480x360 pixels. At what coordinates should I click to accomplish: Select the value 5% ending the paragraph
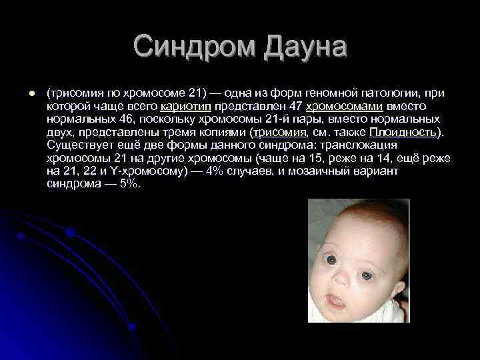point(130,183)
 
